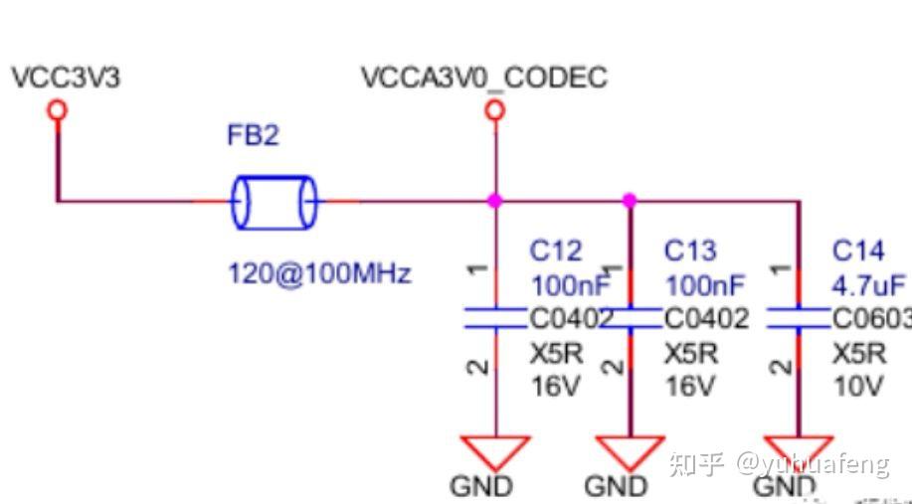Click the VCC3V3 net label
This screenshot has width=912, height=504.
65,78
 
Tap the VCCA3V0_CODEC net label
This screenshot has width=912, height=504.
483,78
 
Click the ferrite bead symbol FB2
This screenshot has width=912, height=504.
274,202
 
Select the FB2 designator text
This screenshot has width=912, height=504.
253,136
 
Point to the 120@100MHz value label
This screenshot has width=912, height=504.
318,273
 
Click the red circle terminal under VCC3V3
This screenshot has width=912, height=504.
58,109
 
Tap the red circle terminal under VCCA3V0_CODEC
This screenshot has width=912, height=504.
494,109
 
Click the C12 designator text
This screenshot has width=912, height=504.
556,251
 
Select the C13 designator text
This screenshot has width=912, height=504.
690,251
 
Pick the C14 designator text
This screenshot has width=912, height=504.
857,251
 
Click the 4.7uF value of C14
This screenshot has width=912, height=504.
868,286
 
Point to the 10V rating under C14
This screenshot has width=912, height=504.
857,387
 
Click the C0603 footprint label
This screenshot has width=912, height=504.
871,319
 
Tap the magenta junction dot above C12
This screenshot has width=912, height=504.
494,201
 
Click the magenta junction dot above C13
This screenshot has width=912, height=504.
629,201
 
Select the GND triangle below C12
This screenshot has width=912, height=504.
494,451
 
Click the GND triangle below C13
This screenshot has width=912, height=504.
629,451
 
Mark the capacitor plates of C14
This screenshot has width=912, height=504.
798,318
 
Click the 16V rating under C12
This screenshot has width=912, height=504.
555,387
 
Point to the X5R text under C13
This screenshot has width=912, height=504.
690,354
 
